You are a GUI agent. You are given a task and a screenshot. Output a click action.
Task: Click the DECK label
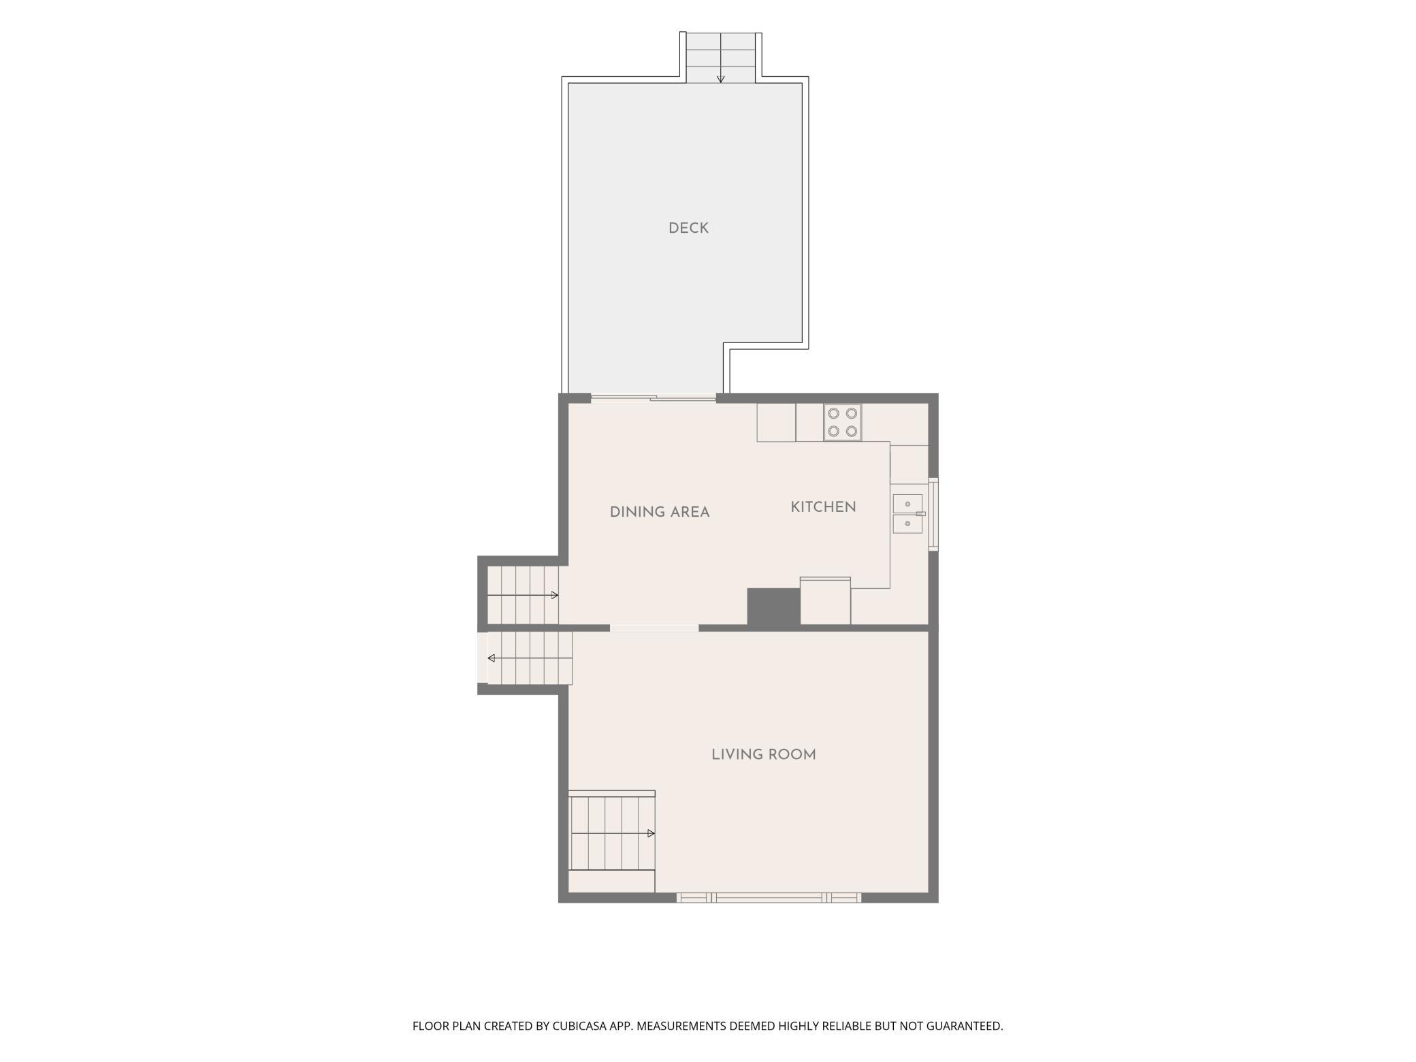(x=688, y=228)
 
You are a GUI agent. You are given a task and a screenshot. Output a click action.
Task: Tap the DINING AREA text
(x=660, y=512)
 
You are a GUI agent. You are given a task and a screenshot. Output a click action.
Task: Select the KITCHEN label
(x=823, y=506)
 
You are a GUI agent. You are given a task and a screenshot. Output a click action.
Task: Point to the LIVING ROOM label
(x=763, y=754)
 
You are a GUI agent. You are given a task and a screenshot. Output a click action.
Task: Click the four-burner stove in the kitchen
(x=842, y=422)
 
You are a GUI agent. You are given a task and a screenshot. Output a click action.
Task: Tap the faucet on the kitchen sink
(x=920, y=513)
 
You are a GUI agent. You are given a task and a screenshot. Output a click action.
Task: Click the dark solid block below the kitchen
(x=773, y=606)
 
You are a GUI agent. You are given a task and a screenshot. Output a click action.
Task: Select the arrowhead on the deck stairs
(x=720, y=79)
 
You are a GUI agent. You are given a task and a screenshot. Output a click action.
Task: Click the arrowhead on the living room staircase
(x=651, y=833)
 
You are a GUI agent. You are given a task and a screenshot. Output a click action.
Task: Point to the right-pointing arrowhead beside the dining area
(x=554, y=595)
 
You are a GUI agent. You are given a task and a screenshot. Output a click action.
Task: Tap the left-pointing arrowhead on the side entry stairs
(x=492, y=658)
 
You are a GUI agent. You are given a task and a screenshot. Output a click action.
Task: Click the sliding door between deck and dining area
(x=654, y=398)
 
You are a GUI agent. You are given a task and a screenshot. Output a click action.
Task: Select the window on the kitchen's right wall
(x=933, y=514)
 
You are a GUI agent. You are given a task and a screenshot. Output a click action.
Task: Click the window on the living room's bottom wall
(x=769, y=898)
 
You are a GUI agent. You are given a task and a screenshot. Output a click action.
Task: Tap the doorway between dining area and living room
(x=654, y=628)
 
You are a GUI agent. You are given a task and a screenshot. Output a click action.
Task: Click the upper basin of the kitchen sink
(x=907, y=503)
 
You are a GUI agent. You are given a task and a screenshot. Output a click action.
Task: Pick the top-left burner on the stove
(x=833, y=413)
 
